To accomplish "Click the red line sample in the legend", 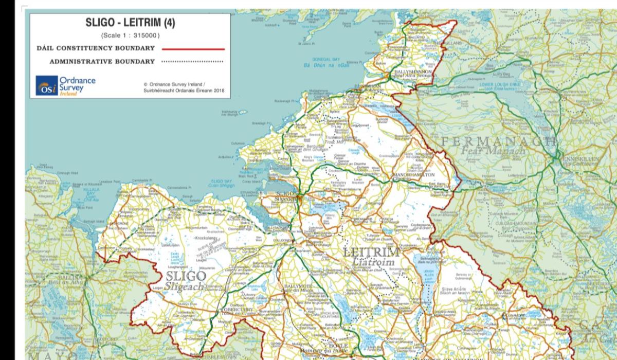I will pos(193,49).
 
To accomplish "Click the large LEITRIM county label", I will pos(371,253).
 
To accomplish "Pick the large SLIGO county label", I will pos(186,277).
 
